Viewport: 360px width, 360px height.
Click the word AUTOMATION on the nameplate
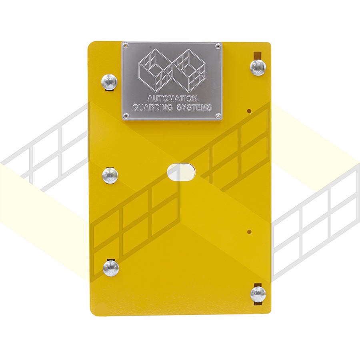[x=172, y=99]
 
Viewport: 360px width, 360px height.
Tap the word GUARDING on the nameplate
[x=152, y=108]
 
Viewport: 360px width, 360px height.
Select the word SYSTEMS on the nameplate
[x=194, y=108]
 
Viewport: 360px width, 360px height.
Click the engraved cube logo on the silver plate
[x=172, y=70]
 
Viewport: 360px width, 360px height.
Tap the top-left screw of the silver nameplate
[x=125, y=46]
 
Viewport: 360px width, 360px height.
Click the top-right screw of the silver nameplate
[x=218, y=47]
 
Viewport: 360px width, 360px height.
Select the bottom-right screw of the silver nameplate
[x=218, y=116]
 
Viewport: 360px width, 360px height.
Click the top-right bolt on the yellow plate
[x=258, y=67]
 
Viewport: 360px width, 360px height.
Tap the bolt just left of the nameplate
[x=109, y=82]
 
